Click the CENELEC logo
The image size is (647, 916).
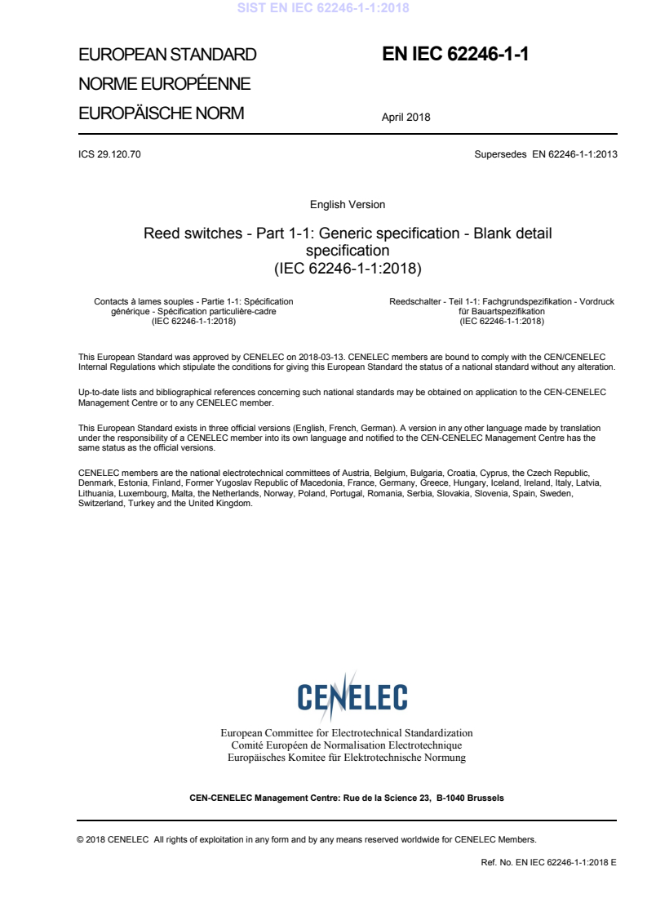tap(352, 696)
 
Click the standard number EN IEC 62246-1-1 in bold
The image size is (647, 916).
tap(455, 55)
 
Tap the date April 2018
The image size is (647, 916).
tap(405, 117)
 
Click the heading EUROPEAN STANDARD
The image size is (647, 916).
tap(167, 56)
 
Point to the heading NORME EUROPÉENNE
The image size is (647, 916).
tap(164, 84)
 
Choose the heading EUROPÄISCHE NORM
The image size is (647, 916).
tap(161, 113)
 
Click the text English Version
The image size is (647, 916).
tap(348, 205)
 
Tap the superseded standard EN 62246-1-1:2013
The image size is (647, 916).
tap(574, 153)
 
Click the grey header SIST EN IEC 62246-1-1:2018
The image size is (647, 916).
tap(323, 9)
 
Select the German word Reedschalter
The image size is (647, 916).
tap(414, 302)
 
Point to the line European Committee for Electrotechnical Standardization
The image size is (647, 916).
tap(347, 733)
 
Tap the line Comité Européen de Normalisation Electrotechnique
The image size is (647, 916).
tap(347, 745)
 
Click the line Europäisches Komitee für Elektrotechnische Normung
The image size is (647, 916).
tap(347, 758)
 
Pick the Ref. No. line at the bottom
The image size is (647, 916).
tap(549, 861)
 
